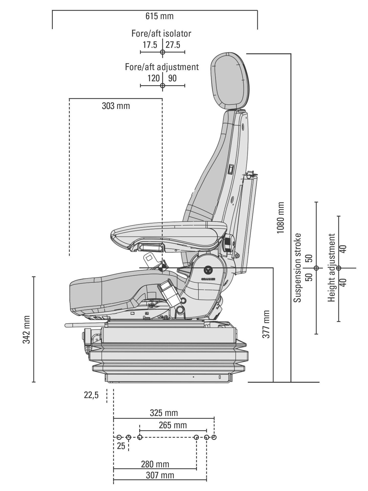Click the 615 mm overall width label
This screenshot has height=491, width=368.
(x=159, y=16)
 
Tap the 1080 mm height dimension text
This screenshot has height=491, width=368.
(x=281, y=218)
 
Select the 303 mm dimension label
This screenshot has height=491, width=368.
(x=116, y=106)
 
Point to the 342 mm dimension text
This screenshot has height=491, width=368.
(x=27, y=329)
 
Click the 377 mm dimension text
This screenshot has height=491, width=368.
(x=266, y=324)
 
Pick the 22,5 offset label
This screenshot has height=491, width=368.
(x=91, y=395)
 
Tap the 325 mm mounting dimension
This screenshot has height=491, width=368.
(x=164, y=413)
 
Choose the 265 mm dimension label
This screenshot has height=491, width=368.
(x=173, y=425)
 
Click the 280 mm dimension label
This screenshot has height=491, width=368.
(x=155, y=464)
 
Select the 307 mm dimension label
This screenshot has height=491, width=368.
(x=160, y=475)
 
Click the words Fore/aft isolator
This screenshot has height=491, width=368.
(x=161, y=34)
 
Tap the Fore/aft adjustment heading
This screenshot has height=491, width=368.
(x=162, y=67)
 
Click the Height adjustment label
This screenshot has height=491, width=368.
(x=331, y=268)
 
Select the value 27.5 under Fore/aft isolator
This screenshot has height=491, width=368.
(x=173, y=45)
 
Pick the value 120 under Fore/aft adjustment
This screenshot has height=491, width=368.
(x=154, y=78)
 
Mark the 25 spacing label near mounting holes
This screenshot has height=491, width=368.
(x=121, y=446)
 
